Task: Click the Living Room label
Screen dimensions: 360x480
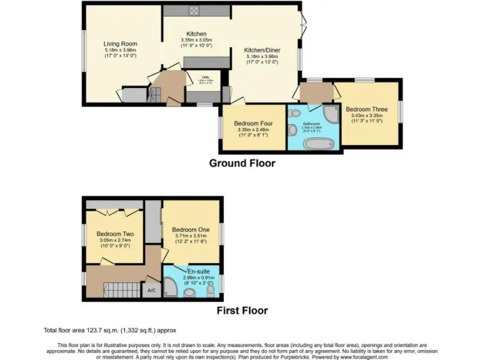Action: click(x=120, y=44)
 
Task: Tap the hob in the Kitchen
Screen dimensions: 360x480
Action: click(x=193, y=10)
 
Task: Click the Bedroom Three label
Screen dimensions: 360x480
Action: click(x=366, y=109)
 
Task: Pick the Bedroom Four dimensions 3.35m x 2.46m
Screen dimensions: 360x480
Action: click(x=251, y=130)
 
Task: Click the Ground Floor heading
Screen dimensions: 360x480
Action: click(x=242, y=163)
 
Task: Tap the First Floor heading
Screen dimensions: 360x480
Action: click(x=242, y=310)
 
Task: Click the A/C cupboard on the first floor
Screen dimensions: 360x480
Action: click(x=151, y=290)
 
